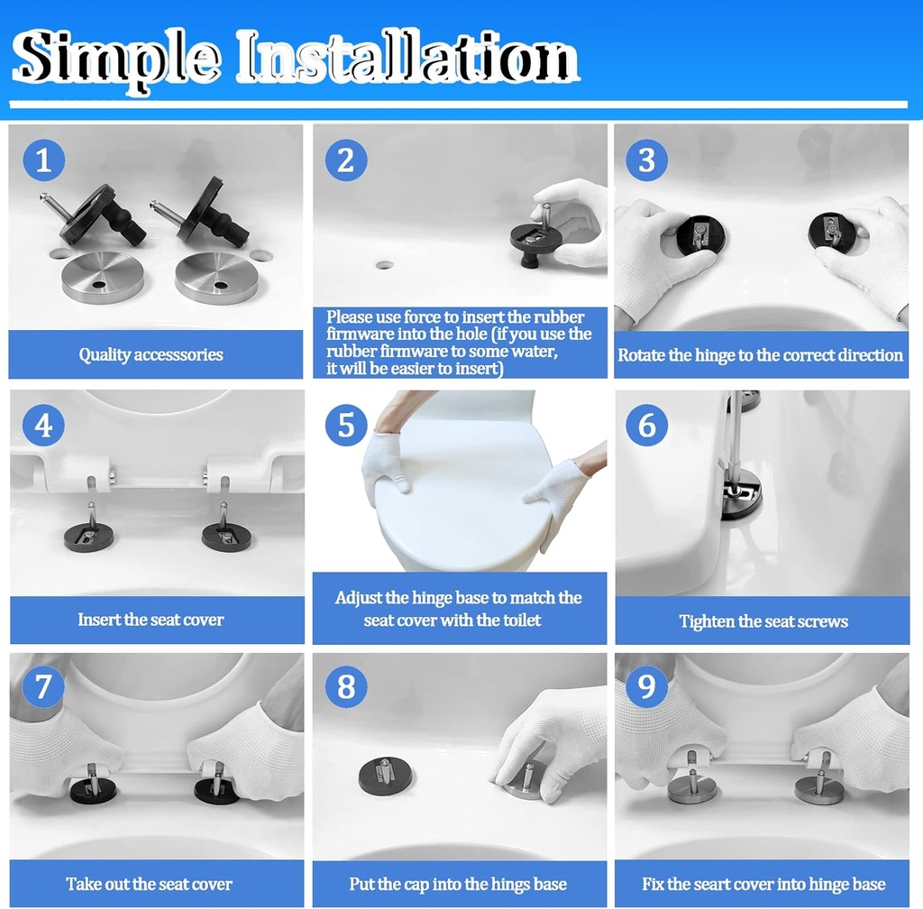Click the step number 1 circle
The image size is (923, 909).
point(43,161)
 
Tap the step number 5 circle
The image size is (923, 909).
point(346,424)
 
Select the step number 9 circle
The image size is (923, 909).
point(646,688)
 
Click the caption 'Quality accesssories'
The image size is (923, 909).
point(151,354)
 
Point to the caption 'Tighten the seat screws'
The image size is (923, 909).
point(763,621)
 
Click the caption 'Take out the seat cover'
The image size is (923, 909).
point(149,884)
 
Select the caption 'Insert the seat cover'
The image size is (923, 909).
point(151,620)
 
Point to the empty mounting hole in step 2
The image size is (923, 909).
point(385,266)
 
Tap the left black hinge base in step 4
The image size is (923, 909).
point(88,537)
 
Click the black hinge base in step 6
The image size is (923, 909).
point(741,494)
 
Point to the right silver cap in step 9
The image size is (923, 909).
point(818,789)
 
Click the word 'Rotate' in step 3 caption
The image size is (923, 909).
point(640,355)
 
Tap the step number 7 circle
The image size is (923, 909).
point(43,688)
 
